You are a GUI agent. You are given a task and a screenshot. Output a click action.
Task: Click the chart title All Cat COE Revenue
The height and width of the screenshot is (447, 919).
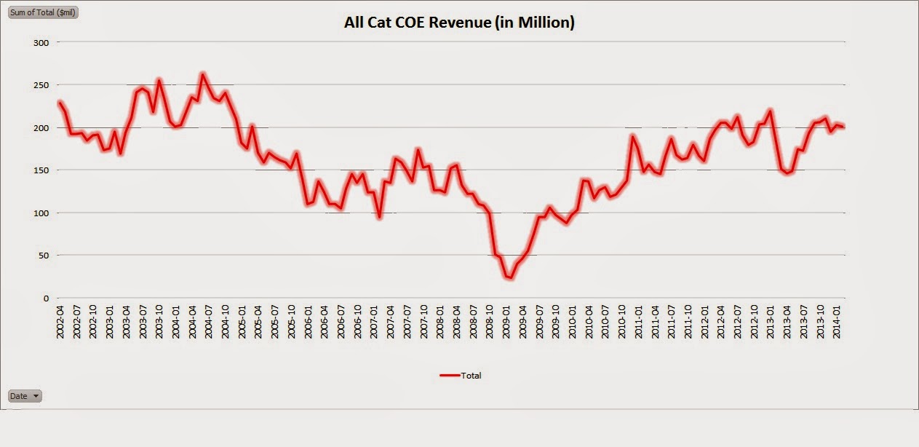tap(459, 23)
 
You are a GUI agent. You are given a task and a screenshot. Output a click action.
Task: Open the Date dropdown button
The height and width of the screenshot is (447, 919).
tap(25, 396)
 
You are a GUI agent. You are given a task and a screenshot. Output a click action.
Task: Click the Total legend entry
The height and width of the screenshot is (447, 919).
tap(461, 376)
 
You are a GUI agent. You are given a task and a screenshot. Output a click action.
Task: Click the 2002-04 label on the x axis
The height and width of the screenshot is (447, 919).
tap(60, 320)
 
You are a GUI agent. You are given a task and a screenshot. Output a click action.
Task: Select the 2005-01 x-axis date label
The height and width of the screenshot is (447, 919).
tap(242, 320)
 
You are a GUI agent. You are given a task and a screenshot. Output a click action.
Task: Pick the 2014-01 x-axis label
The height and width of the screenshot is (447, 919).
tap(837, 320)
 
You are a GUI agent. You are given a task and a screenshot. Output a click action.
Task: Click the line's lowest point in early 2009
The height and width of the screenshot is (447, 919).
tap(509, 278)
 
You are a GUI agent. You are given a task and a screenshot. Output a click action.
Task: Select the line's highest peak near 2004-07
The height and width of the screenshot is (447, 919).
tap(203, 74)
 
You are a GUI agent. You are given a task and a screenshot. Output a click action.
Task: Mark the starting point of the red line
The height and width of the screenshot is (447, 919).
tap(59, 102)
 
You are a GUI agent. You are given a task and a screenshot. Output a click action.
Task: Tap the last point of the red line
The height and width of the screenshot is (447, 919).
tap(843, 127)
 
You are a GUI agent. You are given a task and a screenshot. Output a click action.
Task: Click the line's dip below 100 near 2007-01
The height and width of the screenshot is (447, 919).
tap(379, 217)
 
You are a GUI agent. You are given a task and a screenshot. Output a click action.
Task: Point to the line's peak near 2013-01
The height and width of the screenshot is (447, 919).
tap(771, 111)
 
